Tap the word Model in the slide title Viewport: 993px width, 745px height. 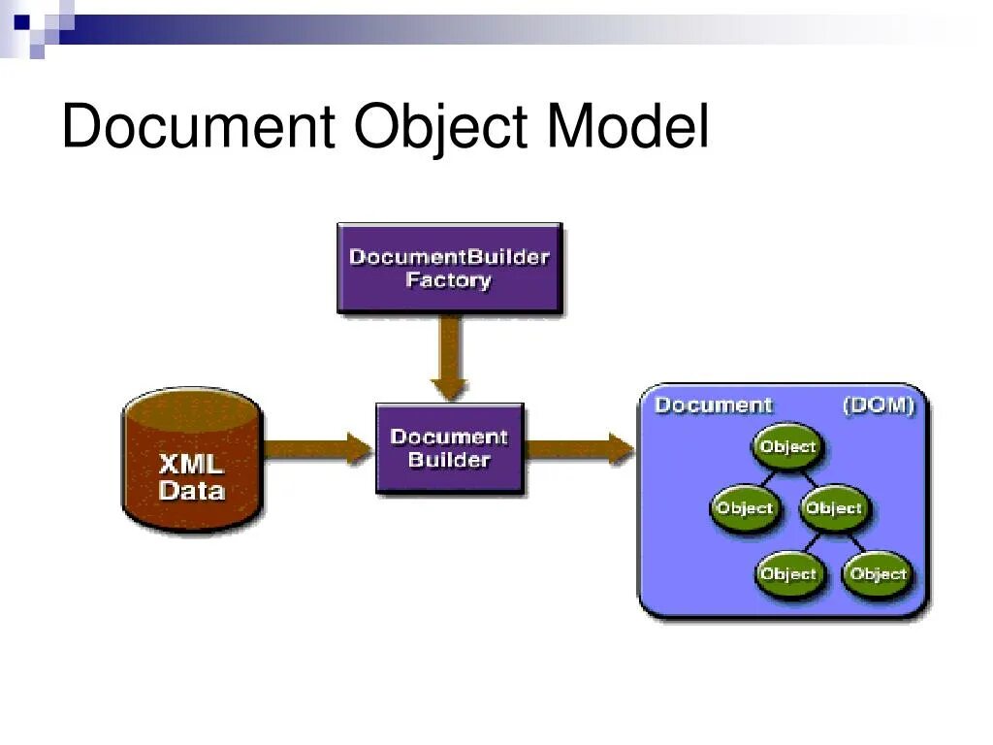pos(627,128)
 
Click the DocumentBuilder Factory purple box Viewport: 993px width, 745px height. pos(449,268)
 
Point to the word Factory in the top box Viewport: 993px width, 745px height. pos(449,281)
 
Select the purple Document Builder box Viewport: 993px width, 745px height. pos(449,448)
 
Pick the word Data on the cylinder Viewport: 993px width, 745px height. pos(191,491)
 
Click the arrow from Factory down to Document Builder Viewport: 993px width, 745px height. pos(449,357)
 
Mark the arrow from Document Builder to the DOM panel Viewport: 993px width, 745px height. pos(580,448)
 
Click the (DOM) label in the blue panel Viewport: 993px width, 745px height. pos(879,405)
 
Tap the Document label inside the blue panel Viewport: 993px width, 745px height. pos(713,405)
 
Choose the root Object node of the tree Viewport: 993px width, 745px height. pos(787,447)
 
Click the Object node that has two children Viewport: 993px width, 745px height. pos(833,508)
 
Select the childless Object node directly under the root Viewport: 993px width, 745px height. pos(744,508)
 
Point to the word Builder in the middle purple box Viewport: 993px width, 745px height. pos(449,460)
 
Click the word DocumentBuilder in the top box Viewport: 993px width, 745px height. pos(449,257)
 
